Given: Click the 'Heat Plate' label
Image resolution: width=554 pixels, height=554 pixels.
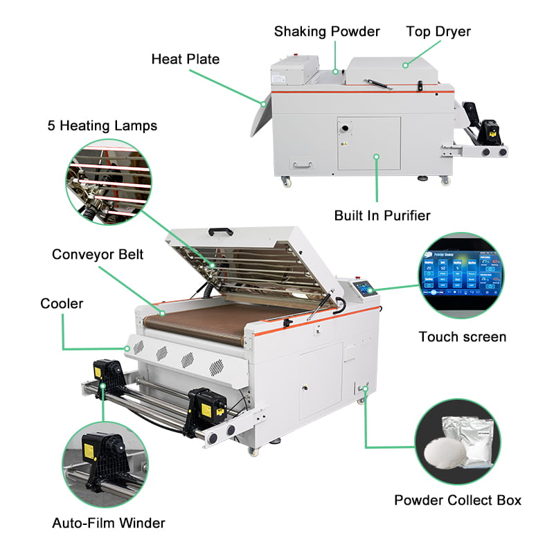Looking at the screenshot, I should click(x=185, y=59).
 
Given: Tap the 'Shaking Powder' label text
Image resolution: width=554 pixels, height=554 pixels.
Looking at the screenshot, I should click(x=327, y=31).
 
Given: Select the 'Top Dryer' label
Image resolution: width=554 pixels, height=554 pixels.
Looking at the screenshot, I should click(x=439, y=31).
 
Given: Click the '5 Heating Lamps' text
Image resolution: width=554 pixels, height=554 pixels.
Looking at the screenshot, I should click(x=102, y=125).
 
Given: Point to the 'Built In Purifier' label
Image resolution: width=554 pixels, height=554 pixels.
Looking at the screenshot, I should click(x=382, y=215).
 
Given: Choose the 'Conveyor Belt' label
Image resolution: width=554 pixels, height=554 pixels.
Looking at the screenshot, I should click(x=98, y=254).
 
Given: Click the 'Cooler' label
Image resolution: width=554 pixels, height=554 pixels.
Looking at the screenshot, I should click(x=62, y=303).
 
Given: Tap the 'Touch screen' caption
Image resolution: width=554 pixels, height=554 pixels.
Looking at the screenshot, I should click(x=463, y=337).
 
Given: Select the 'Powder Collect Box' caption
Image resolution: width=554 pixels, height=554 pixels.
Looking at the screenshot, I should click(x=458, y=499).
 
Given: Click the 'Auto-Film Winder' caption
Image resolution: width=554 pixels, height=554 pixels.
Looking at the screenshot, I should click(x=109, y=522).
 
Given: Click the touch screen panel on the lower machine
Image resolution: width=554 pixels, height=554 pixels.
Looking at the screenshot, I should click(x=363, y=289).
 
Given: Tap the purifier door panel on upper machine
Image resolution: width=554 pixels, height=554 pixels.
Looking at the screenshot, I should click(x=368, y=143).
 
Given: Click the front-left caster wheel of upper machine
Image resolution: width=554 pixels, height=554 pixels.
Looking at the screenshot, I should click(x=285, y=181).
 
